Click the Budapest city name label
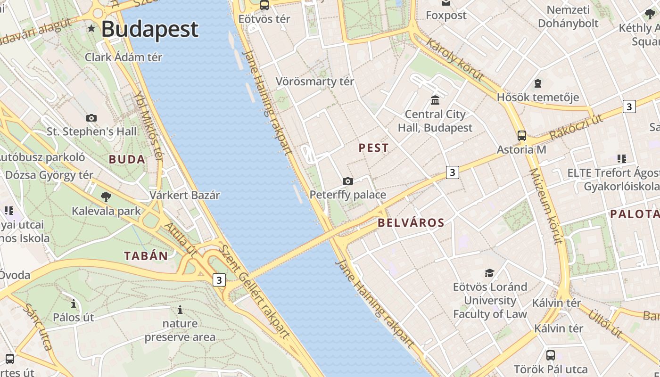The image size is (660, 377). point(150,29)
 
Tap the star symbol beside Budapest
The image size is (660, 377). point(91,29)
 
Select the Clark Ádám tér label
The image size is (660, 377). point(124,57)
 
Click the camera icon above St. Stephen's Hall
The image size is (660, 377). point(91,118)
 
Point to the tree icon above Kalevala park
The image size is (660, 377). point(106,197)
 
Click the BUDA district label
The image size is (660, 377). point(127,159)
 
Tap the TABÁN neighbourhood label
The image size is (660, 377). point(146,256)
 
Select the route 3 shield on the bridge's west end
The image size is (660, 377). point(219,280)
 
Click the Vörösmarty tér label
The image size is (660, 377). point(314,82)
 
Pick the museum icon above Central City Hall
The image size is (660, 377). point(435,100)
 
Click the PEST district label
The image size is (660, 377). point(374,148)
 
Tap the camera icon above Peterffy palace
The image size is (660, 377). point(347,181)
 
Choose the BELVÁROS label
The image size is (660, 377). point(412,223)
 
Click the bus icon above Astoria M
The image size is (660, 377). point(521,136)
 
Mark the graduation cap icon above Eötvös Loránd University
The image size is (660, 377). point(489,273)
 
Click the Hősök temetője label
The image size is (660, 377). point(538,98)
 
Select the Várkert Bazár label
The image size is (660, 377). point(185,195)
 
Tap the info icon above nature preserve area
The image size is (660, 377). point(180,310)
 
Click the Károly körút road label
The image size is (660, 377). point(454,60)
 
